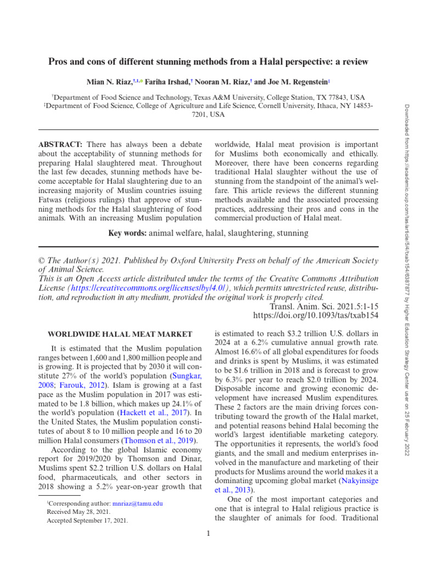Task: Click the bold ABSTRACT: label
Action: coord(60,144)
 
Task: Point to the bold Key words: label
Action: coord(128,233)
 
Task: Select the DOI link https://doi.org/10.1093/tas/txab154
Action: coord(315,316)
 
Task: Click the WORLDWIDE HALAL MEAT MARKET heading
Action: coord(120,334)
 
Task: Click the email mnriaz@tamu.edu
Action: coord(137,503)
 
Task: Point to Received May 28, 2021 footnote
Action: coord(80,512)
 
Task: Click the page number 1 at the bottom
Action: coord(209,534)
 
